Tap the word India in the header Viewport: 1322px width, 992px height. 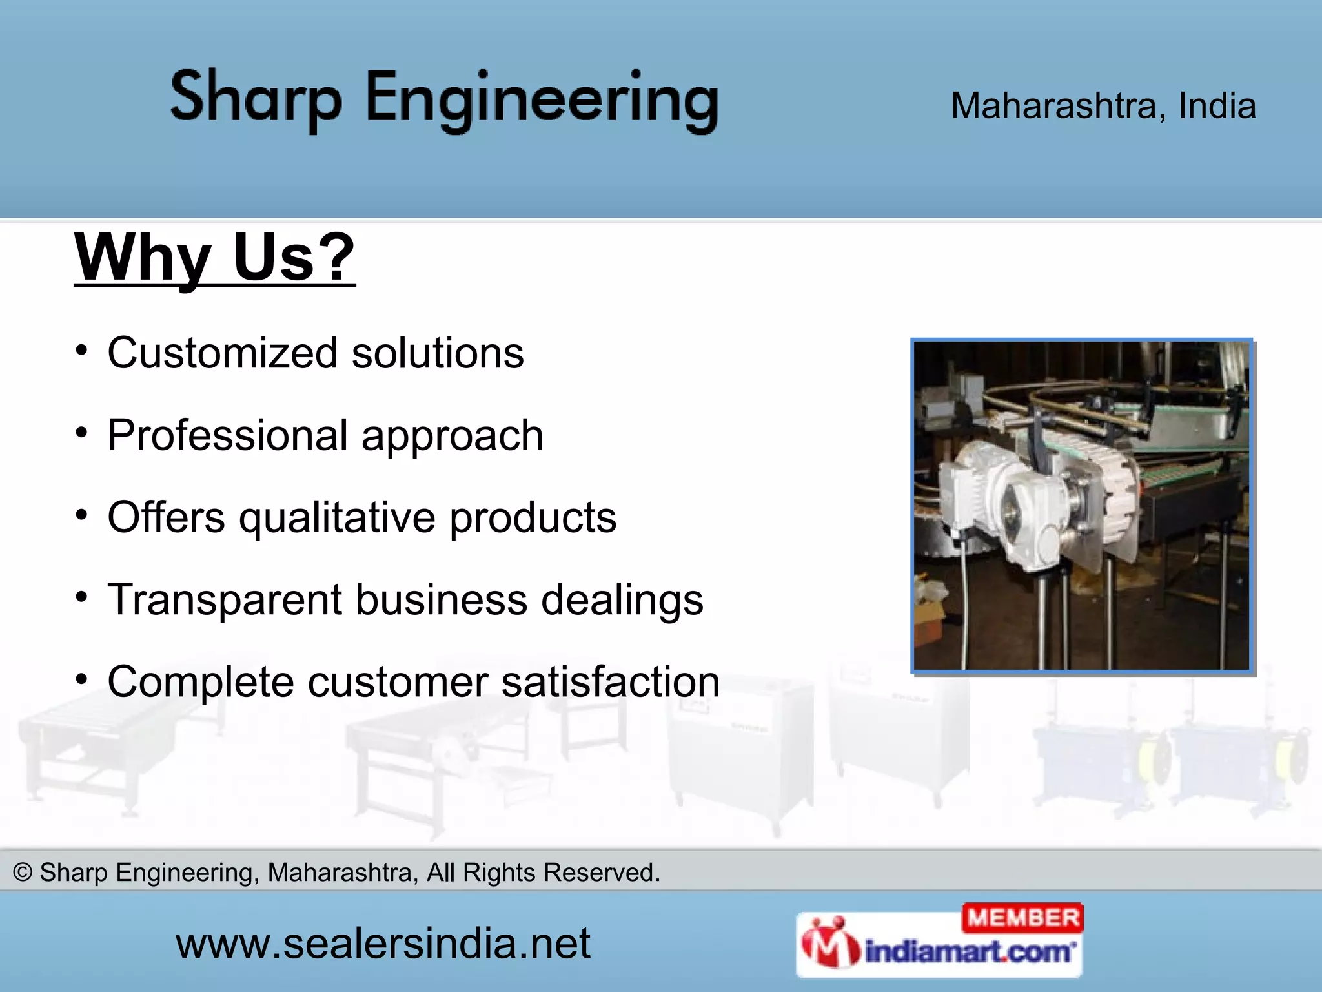click(1217, 106)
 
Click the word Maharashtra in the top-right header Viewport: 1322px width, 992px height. click(1057, 106)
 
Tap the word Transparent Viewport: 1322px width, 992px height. click(224, 600)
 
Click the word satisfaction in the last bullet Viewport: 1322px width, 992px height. click(610, 682)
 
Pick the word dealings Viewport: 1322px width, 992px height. click(622, 600)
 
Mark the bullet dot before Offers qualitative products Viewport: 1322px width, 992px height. click(81, 515)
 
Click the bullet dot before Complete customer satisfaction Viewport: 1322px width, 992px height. click(81, 679)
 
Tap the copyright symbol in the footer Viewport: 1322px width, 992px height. click(23, 873)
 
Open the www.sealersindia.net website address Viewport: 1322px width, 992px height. click(383, 944)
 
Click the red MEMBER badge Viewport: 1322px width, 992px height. click(1022, 918)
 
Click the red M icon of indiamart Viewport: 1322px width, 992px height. click(829, 944)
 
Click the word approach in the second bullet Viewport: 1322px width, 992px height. click(453, 435)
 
